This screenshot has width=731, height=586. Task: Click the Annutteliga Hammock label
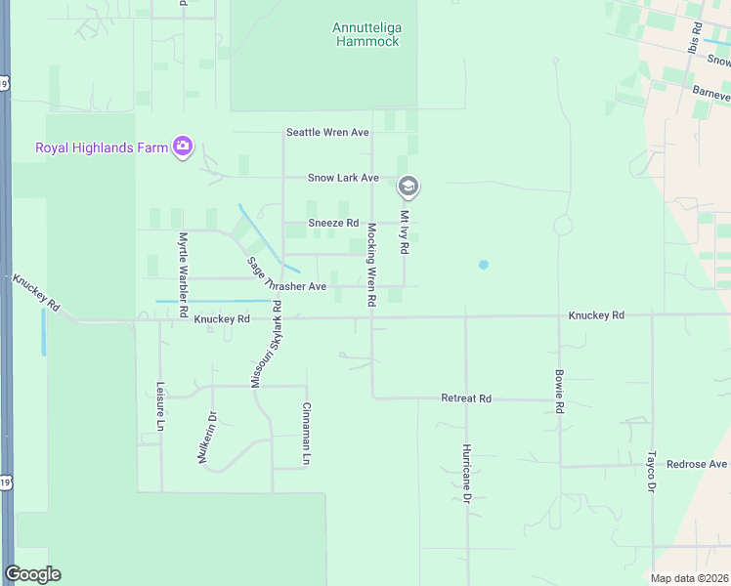366,35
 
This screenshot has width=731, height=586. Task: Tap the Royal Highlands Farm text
102,148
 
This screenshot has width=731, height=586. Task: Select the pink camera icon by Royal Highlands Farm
183,147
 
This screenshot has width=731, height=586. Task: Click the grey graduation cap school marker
408,186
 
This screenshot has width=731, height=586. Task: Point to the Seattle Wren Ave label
327,132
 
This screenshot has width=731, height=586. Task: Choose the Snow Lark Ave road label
343,178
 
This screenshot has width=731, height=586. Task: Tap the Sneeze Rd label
334,223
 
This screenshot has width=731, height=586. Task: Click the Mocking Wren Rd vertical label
371,266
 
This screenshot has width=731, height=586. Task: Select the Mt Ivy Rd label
404,231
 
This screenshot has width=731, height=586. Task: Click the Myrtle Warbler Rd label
183,266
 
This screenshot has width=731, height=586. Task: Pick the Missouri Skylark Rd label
266,345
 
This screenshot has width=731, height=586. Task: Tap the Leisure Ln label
159,406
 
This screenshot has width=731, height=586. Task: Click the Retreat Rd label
466,398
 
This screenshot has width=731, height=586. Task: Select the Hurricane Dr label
467,472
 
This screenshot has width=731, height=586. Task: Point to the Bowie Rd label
559,390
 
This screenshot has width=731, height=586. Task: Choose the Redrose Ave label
697,464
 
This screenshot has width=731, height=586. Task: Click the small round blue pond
483,265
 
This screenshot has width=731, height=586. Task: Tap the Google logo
32,574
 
